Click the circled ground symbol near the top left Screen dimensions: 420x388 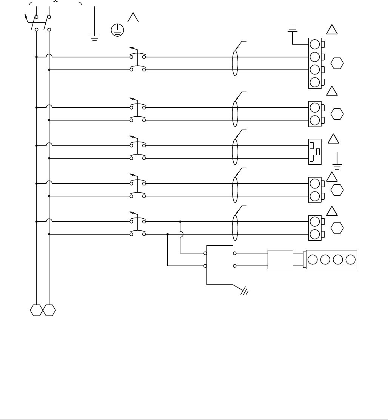tap(118, 30)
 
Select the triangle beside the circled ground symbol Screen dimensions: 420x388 tap(133, 18)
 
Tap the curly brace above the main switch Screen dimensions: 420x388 tap(55, 3)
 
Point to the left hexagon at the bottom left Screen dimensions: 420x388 tap(36, 310)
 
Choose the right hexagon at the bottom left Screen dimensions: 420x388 tap(49, 310)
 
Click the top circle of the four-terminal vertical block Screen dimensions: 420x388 tap(314, 44)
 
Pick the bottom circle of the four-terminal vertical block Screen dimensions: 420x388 tap(314, 82)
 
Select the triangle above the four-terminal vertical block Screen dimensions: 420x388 tap(331, 29)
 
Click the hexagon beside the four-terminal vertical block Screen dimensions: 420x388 tap(337, 63)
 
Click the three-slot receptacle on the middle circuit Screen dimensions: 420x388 tap(314, 152)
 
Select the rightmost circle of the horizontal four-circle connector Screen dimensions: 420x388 tap(351, 260)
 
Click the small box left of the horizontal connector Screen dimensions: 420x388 tap(280, 260)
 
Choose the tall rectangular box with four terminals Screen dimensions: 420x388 tap(220, 265)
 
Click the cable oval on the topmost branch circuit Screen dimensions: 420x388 tap(235, 63)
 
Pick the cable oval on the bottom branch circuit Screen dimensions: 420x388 tap(235, 228)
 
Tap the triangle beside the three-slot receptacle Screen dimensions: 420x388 tap(333, 139)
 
